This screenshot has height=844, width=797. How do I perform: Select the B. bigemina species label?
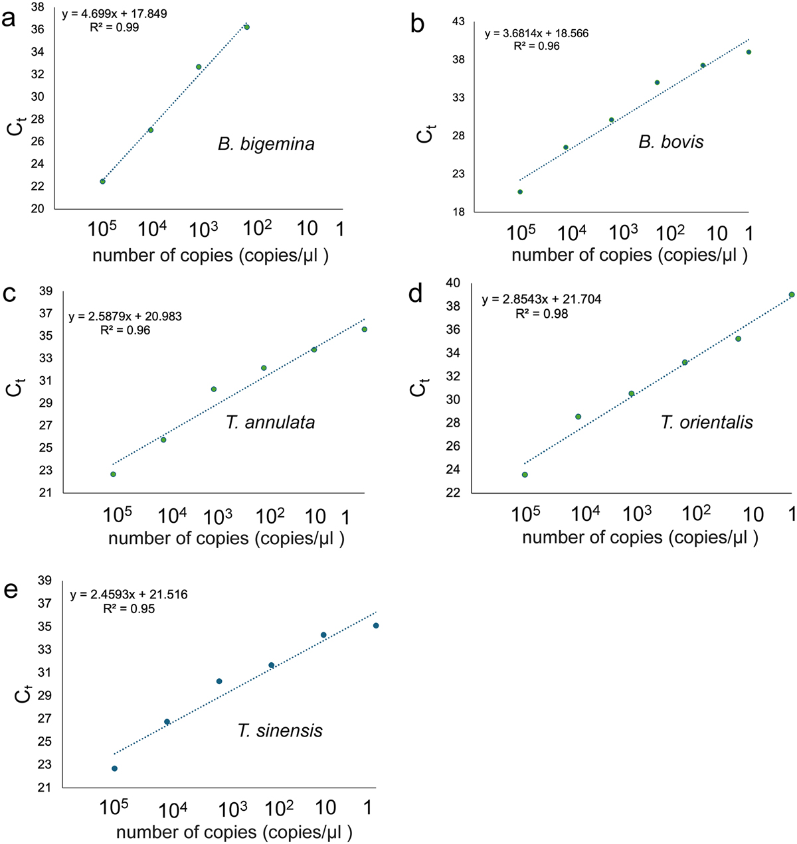(266, 144)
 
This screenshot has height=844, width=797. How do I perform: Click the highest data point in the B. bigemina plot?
(246, 27)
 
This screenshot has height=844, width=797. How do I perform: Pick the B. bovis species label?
(671, 141)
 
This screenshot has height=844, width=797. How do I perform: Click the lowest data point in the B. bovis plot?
(520, 192)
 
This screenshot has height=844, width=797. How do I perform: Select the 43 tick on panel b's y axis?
(458, 22)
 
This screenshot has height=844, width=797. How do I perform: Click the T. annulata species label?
(270, 422)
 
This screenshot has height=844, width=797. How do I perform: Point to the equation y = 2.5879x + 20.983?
(125, 317)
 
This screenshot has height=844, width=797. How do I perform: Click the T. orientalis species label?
(707, 422)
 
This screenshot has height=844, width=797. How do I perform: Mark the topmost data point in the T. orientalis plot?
(792, 295)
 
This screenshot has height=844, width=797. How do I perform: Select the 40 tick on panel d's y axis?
(454, 283)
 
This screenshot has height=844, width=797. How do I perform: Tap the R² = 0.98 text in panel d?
(542, 314)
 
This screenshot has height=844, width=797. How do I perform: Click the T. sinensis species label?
(280, 731)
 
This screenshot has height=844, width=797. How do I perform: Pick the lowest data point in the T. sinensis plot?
(114, 768)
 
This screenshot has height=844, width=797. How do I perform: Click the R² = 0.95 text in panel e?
(129, 608)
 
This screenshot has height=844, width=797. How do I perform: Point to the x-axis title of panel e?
(234, 832)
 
